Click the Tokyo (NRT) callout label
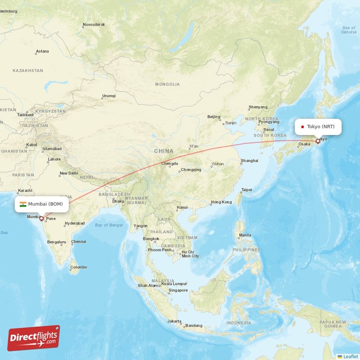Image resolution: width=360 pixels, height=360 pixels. [x=318, y=126]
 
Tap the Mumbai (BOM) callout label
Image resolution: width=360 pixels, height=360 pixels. [x=44, y=204]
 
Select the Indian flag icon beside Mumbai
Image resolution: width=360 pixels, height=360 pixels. [x=23, y=204]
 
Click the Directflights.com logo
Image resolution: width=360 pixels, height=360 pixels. [x=34, y=338]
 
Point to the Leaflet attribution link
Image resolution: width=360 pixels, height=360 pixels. [x=350, y=356]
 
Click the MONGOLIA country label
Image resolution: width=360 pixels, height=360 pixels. [x=167, y=84]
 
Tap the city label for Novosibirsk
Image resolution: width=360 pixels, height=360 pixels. [x=94, y=24]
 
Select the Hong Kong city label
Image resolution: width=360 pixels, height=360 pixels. [x=221, y=202]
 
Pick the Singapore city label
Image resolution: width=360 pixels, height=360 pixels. [x=178, y=290]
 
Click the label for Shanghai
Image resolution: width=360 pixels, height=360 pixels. [x=249, y=161]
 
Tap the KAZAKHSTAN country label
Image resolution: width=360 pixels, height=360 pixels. [x=28, y=71]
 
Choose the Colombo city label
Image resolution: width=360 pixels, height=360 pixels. [x=78, y=267]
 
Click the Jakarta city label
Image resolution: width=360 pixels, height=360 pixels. [x=174, y=321]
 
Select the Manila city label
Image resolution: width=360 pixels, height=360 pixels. [x=245, y=235]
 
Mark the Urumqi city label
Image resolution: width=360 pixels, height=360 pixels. [x=109, y=96]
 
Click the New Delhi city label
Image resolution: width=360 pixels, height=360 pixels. [x=69, y=173]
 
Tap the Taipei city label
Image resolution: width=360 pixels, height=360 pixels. [x=247, y=189]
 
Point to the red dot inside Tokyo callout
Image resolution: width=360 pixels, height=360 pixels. [x=302, y=127]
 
